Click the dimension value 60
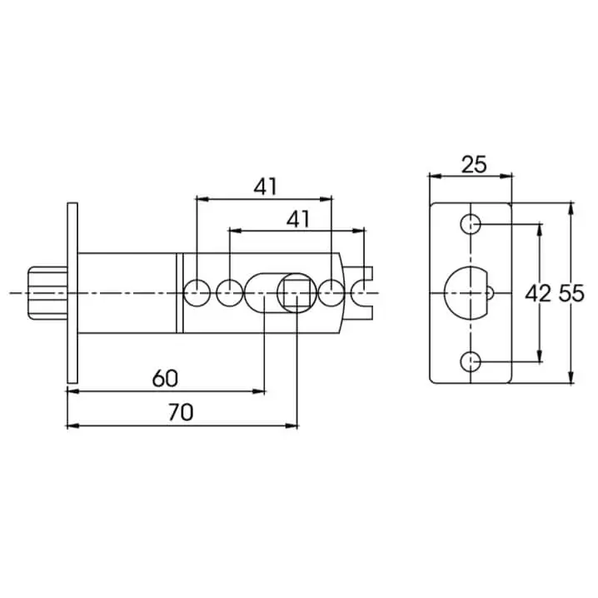[x=165, y=379]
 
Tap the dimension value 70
[x=181, y=412]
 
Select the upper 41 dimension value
[x=266, y=187]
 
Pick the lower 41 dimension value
[x=298, y=220]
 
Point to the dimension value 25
[x=474, y=165]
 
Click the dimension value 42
[x=538, y=294]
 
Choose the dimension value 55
[x=571, y=294]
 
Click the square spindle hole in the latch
[x=297, y=293]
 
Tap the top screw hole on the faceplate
[x=471, y=224]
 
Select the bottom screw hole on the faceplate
[x=471, y=361]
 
